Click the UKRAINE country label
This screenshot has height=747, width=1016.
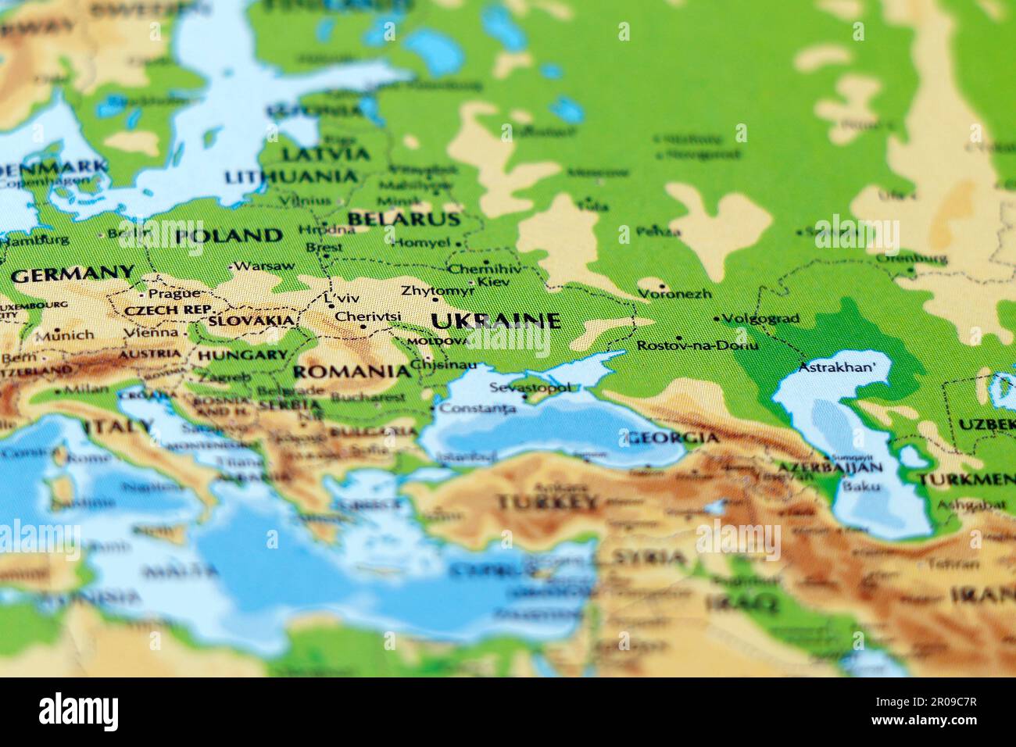point(495,320)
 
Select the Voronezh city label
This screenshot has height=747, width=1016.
point(674,294)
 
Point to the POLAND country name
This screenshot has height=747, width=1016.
point(228,235)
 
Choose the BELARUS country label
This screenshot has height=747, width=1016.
point(403,219)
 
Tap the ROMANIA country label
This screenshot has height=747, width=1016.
point(351,371)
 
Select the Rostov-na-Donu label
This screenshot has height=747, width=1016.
point(697,345)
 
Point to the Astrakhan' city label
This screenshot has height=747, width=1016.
point(837,366)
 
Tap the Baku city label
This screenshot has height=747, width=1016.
point(862,486)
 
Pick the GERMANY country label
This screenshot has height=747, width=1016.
point(73,274)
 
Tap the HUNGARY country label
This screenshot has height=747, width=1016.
point(242,355)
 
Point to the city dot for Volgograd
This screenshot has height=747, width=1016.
point(717,319)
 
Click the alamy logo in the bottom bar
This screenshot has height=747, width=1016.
point(78,712)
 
